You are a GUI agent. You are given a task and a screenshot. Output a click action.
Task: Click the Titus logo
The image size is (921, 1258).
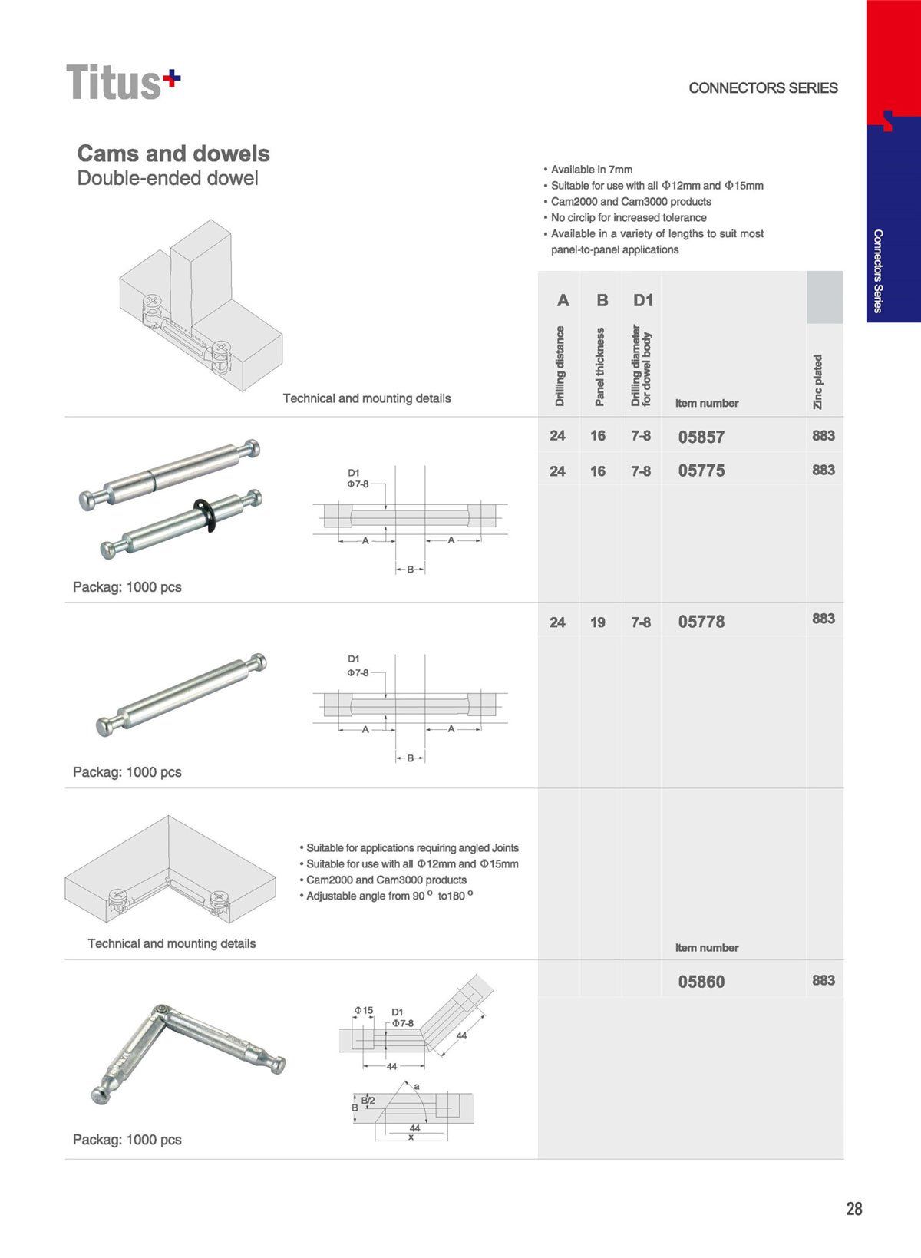click(x=123, y=82)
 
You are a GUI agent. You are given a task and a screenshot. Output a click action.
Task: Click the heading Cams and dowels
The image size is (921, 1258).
click(x=173, y=154)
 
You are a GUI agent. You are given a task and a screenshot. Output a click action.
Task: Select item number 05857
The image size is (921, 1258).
click(x=701, y=437)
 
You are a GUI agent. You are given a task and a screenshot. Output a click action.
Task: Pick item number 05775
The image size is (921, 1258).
click(x=701, y=471)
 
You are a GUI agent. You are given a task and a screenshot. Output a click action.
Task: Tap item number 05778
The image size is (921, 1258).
click(x=701, y=622)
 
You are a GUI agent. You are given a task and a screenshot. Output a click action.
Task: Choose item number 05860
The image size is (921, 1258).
click(x=701, y=982)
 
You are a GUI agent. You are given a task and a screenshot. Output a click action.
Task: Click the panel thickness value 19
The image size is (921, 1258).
click(x=598, y=622)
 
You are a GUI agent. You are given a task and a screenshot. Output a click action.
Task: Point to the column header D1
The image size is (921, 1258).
click(x=643, y=300)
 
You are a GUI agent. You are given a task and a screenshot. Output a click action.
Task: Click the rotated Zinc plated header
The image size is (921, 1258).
click(x=818, y=381)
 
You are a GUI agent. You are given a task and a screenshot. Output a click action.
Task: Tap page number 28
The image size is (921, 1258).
click(x=853, y=1209)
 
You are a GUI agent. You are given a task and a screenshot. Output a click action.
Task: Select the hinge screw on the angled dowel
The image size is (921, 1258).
click(x=161, y=1009)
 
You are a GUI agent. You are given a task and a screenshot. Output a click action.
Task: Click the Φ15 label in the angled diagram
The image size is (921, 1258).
click(x=363, y=1010)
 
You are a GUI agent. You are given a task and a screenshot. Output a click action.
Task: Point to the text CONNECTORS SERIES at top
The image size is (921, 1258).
click(x=763, y=88)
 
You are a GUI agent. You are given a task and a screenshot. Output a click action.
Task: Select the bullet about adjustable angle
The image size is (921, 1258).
click(x=386, y=896)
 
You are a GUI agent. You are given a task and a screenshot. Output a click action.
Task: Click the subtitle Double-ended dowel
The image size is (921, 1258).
click(x=168, y=178)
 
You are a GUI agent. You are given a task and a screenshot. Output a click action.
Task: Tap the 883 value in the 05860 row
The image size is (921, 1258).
click(x=823, y=980)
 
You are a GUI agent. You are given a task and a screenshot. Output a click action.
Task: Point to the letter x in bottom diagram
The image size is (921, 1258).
click(x=411, y=1137)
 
